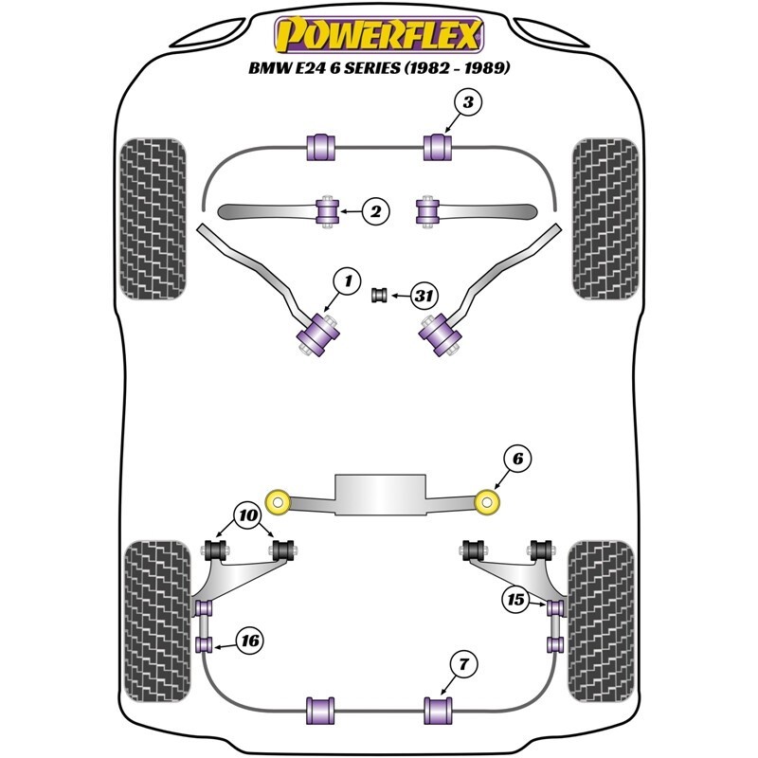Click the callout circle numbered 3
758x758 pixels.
(x=470, y=101)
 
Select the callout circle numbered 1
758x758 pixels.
(x=347, y=280)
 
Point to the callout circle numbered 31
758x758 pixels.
(x=424, y=297)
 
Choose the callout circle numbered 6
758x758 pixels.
(x=517, y=460)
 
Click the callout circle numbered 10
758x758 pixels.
(x=249, y=516)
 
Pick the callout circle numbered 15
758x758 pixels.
(x=516, y=600)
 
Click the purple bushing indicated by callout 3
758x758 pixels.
(x=438, y=147)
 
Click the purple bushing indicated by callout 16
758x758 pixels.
(x=203, y=645)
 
